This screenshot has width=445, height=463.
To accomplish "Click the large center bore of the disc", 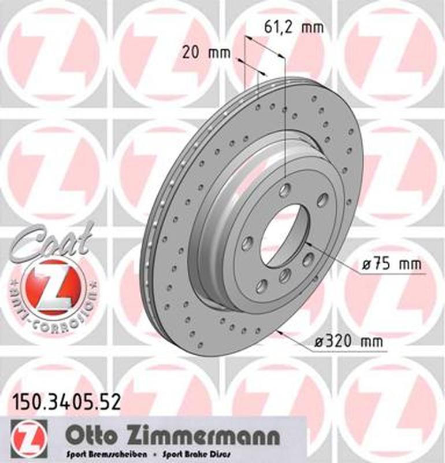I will (281, 234).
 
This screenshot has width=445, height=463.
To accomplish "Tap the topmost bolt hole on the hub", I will (285, 190).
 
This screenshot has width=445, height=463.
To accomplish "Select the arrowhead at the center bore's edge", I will (306, 243).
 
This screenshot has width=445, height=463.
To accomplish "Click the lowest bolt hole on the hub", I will (262, 285).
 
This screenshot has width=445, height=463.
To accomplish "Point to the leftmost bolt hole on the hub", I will (247, 243).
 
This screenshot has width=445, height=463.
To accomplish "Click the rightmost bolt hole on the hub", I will (308, 259).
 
